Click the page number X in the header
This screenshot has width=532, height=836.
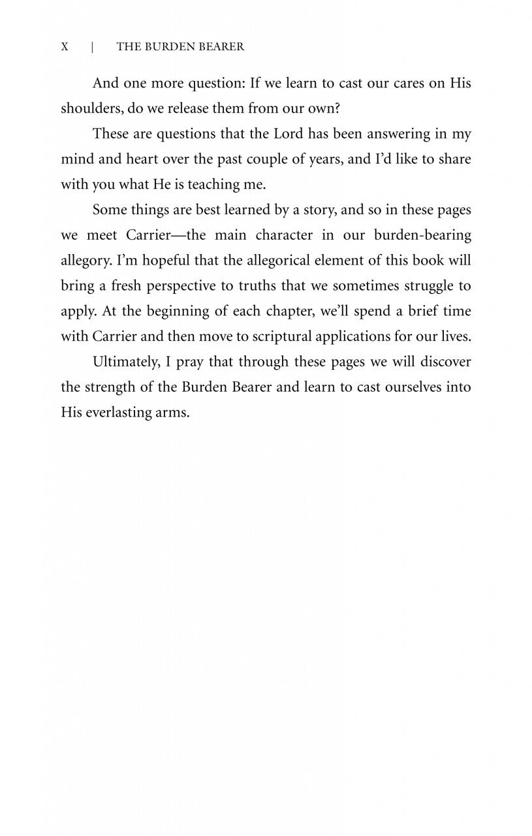65,47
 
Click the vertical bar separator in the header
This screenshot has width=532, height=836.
93,47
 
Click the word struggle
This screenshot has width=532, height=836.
424,286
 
